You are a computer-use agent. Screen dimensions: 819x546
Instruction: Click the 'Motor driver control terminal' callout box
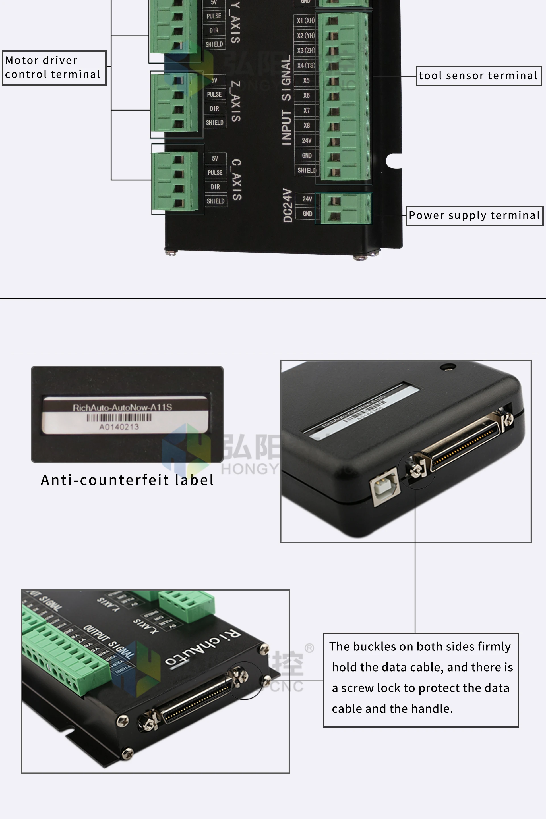click(54, 68)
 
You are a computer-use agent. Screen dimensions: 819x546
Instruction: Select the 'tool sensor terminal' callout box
click(479, 76)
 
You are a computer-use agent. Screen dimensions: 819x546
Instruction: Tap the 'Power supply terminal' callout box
click(474, 215)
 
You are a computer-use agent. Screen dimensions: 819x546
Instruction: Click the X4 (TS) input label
click(306, 65)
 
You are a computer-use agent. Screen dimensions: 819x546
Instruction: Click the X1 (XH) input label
click(305, 20)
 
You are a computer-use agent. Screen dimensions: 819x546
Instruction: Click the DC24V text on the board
click(287, 205)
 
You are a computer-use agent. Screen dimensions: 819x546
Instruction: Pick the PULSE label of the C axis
click(215, 172)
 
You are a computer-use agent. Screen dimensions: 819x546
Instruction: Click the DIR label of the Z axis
click(214, 109)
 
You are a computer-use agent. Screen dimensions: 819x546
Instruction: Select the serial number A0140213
click(119, 427)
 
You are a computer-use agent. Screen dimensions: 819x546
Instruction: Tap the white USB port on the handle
click(385, 486)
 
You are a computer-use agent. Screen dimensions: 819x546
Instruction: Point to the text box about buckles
click(421, 680)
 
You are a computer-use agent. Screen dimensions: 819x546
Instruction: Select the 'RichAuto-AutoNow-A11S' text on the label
click(122, 408)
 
